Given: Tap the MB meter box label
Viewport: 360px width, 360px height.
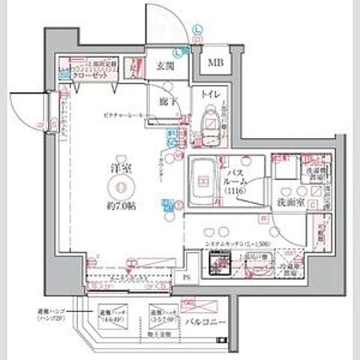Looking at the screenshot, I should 216,62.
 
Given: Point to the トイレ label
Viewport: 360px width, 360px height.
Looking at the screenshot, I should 210,94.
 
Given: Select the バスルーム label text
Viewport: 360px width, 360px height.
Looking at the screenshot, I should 242,178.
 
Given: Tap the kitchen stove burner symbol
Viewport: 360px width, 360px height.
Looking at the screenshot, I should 218,265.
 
